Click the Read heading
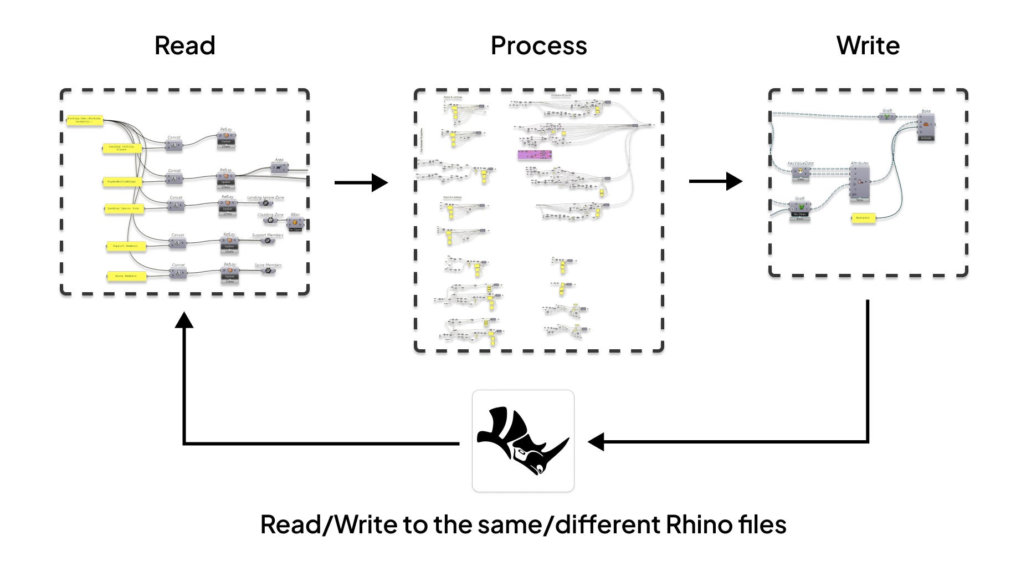184,46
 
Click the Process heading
538,46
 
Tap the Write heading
868,46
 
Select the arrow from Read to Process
361,182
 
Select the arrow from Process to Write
715,181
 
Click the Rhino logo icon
522,441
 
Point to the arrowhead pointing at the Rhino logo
596,442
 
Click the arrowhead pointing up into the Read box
184,320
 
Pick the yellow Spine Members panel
126,276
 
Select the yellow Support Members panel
126,246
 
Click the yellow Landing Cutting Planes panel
122,149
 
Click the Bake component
926,125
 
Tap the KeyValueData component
801,172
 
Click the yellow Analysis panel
863,218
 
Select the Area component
279,167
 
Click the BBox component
295,223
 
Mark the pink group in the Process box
534,155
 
